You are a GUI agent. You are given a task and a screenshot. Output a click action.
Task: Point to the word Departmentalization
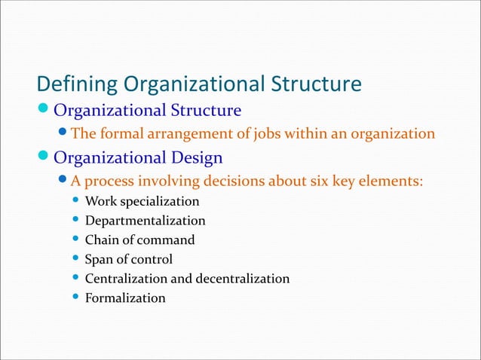pyautogui.click(x=145, y=221)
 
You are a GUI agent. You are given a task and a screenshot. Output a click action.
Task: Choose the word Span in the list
pyautogui.click(x=98, y=260)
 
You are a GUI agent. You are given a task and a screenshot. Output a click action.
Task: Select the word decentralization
pyautogui.click(x=242, y=279)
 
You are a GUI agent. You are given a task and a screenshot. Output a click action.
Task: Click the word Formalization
pyautogui.click(x=125, y=298)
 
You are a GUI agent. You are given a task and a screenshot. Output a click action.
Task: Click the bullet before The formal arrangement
pyautogui.click(x=63, y=134)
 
